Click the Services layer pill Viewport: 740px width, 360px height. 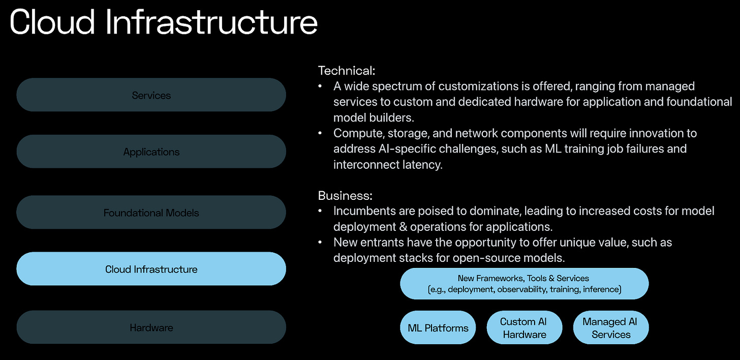click(x=151, y=95)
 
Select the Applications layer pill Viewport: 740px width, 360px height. click(x=151, y=152)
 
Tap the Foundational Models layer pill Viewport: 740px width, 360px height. click(x=151, y=213)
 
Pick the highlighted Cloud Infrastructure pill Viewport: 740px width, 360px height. click(x=151, y=269)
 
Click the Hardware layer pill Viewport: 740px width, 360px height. click(x=151, y=327)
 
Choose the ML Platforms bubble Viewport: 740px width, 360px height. click(x=438, y=328)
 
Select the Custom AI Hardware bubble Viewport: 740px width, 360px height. click(x=525, y=328)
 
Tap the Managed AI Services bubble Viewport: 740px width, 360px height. click(x=610, y=328)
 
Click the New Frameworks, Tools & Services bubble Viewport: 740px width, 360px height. click(x=524, y=284)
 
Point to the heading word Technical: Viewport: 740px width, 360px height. click(x=347, y=71)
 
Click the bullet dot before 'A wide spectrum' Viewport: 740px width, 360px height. click(x=320, y=86)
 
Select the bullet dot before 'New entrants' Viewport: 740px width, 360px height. click(x=320, y=243)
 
